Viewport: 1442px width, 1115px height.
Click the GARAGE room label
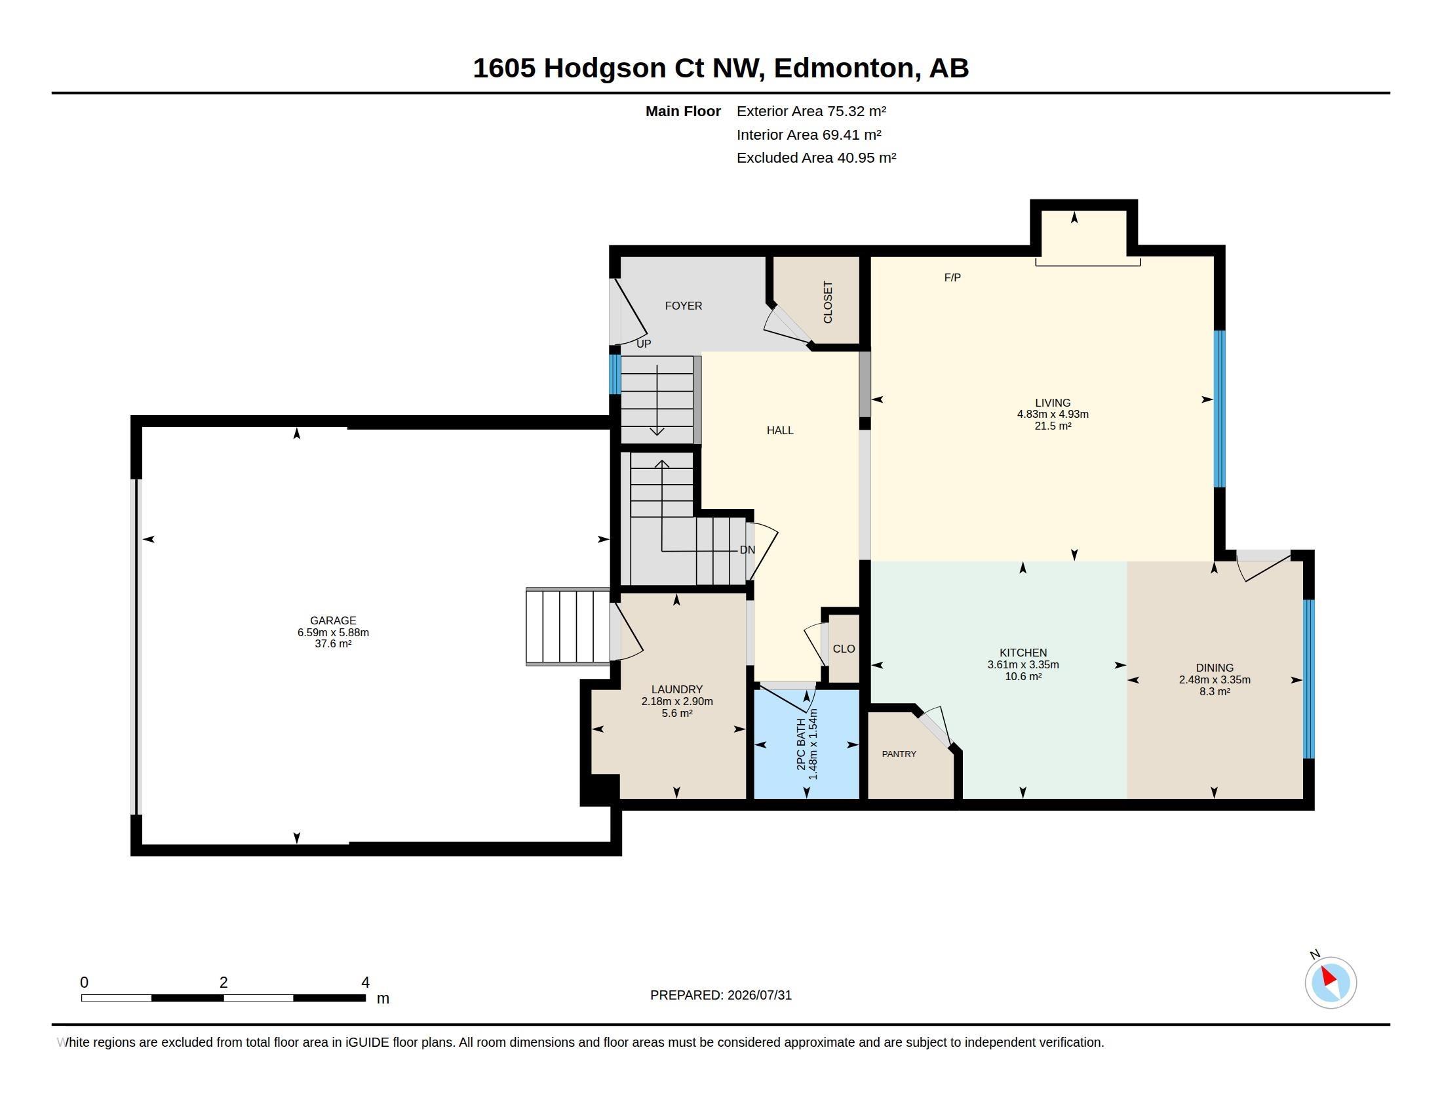point(333,620)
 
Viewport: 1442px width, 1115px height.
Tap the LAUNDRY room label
point(677,689)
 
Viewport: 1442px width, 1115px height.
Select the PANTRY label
point(899,754)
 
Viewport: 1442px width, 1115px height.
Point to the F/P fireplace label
point(952,277)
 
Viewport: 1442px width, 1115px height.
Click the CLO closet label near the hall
point(844,649)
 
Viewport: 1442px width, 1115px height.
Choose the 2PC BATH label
point(801,744)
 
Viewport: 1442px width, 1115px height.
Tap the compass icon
point(1331,983)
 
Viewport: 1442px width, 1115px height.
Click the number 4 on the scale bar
point(365,983)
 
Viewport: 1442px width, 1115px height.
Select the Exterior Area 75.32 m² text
point(811,111)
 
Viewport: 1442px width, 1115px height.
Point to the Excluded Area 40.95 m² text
point(816,158)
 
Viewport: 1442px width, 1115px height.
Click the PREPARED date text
point(720,995)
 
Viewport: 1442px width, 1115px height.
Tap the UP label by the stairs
point(643,344)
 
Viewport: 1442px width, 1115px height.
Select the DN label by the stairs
point(747,550)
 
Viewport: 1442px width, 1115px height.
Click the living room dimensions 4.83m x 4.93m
point(1053,414)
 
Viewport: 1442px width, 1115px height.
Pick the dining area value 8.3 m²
point(1214,691)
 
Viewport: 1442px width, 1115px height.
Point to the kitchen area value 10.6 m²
point(1023,676)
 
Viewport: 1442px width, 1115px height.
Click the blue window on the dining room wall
point(1309,679)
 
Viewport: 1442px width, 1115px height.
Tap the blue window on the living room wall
point(1220,409)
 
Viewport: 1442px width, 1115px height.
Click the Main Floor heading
point(683,111)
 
